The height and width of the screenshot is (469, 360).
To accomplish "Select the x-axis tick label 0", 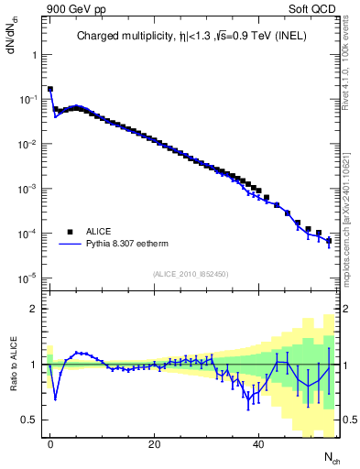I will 50,442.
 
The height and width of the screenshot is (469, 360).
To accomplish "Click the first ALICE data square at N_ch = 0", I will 50,90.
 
